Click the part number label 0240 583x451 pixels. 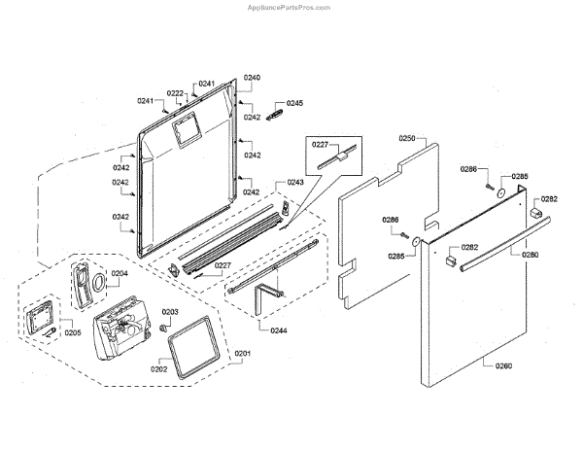(252, 77)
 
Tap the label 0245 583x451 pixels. (294, 103)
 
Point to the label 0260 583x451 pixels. (503, 366)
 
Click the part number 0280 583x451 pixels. (529, 255)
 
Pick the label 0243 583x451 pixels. (294, 183)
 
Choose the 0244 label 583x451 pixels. (278, 330)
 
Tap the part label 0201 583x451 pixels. (242, 353)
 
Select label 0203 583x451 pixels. (169, 312)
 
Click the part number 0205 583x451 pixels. (72, 331)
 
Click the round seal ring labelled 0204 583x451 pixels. (98, 282)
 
